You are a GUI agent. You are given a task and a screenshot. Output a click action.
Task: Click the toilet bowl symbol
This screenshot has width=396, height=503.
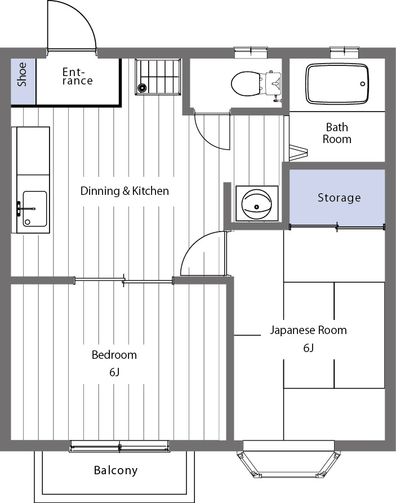point(245,83)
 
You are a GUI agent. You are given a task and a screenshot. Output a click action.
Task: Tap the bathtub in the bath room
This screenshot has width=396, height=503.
point(337,84)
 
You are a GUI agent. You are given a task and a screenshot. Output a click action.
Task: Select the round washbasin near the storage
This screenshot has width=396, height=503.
point(256,204)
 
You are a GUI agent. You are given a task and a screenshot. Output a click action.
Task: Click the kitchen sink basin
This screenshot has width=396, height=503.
point(35,209)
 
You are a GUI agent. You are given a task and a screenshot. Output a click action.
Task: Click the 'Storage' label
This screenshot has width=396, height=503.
point(339,198)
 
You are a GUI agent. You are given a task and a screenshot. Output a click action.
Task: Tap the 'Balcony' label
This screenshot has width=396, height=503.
point(115,470)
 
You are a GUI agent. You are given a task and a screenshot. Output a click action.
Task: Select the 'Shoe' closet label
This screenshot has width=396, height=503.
point(22,74)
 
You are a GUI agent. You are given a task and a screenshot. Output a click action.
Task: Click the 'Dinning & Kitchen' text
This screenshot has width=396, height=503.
point(124,191)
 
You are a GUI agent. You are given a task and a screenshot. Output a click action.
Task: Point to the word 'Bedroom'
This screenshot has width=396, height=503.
point(114,355)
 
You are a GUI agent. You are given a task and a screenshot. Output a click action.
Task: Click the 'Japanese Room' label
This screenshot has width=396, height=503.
point(308,330)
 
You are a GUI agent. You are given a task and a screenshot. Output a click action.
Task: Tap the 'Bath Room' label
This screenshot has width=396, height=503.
point(337,133)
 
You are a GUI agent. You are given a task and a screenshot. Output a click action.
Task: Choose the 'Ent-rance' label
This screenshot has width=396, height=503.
point(77,77)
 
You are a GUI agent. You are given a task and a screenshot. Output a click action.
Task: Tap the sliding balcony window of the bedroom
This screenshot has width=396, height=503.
point(119,446)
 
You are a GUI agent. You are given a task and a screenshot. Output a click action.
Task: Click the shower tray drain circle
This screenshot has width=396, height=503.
point(141,87)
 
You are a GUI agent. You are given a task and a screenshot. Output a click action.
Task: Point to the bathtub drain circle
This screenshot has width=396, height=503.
point(363,84)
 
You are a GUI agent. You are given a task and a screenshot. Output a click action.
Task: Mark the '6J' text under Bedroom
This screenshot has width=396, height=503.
point(114,372)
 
